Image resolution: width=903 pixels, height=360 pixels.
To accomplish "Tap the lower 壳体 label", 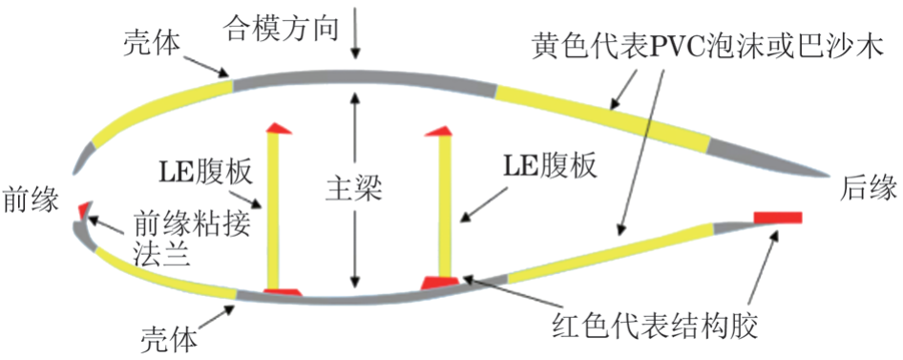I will click(169, 336).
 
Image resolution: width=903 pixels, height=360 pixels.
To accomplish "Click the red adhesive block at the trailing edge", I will click(777, 218).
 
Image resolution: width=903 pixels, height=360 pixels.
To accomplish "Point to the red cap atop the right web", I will click(442, 131).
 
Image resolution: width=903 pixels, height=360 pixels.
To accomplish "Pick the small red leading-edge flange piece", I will click(83, 209).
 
